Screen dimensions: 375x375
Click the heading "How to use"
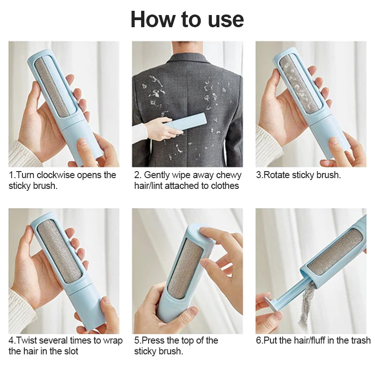[187, 19]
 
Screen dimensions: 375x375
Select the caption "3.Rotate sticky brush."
[298, 175]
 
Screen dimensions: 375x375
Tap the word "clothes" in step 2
[223, 186]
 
